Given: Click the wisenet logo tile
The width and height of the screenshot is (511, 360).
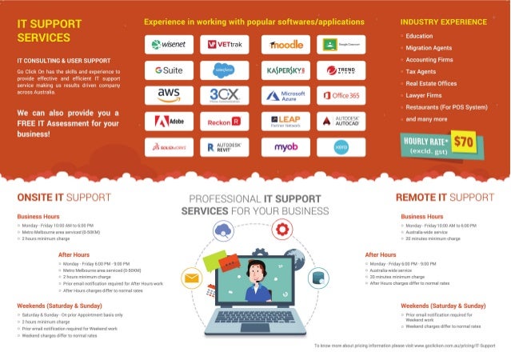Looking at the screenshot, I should tap(169, 45).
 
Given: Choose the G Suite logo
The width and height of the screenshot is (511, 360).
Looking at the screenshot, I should tap(169, 70).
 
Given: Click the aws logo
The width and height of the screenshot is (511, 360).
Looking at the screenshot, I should tap(169, 95).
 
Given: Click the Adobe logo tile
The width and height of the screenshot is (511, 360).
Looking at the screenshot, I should tap(169, 121).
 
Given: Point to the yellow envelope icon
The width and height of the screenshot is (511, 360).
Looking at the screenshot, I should tap(191, 279).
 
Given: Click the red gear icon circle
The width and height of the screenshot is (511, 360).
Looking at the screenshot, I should tap(281, 230).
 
